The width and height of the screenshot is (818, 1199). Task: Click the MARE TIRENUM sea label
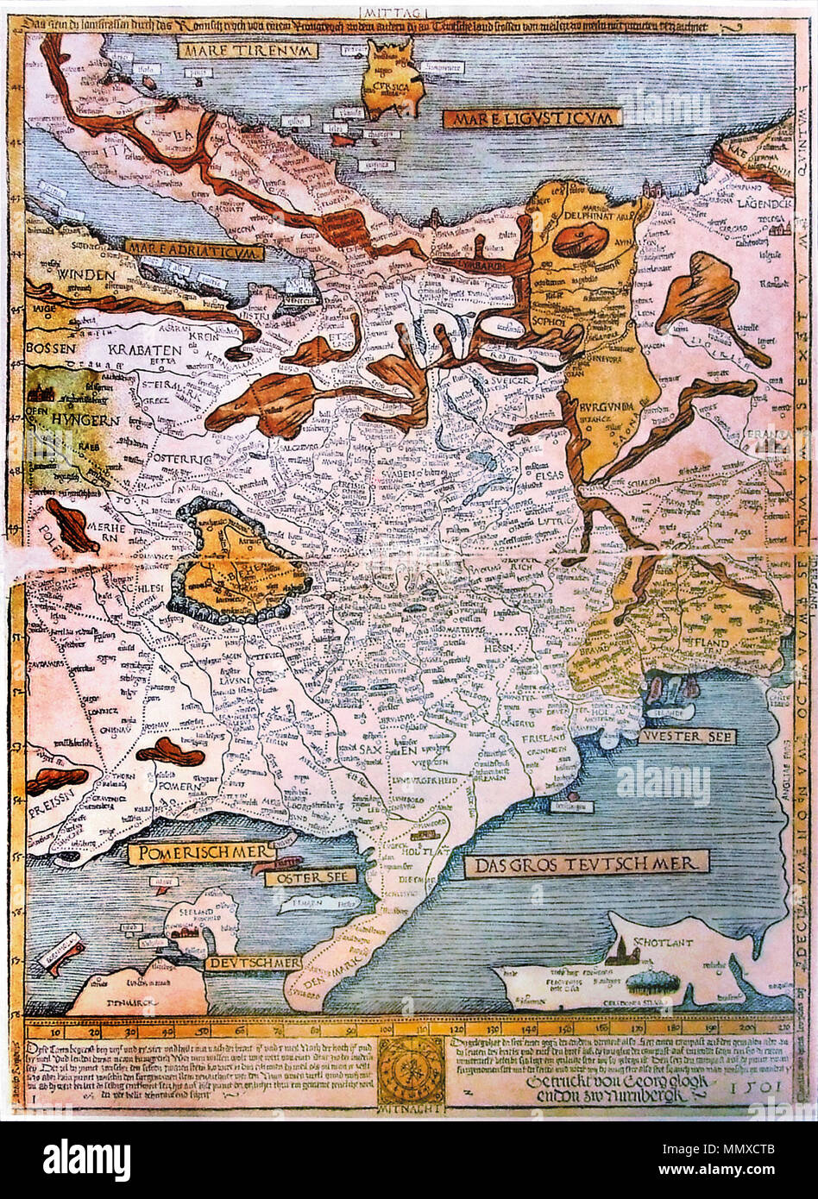[248, 50]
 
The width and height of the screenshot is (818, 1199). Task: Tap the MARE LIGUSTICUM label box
[532, 117]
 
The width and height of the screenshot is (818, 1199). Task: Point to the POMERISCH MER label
[200, 853]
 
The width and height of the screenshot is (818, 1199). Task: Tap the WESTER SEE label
[687, 737]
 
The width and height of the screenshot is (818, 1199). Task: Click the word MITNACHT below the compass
[409, 1107]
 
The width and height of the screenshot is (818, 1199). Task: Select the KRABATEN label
[145, 350]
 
